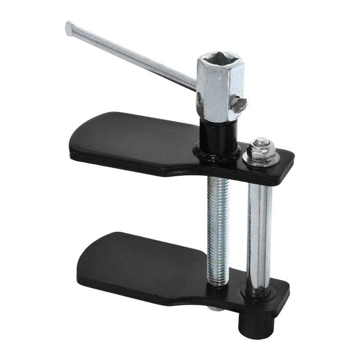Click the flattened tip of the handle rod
click(x=69, y=28)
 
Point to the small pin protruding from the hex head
click(x=239, y=104)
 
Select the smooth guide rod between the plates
click(x=259, y=236)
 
